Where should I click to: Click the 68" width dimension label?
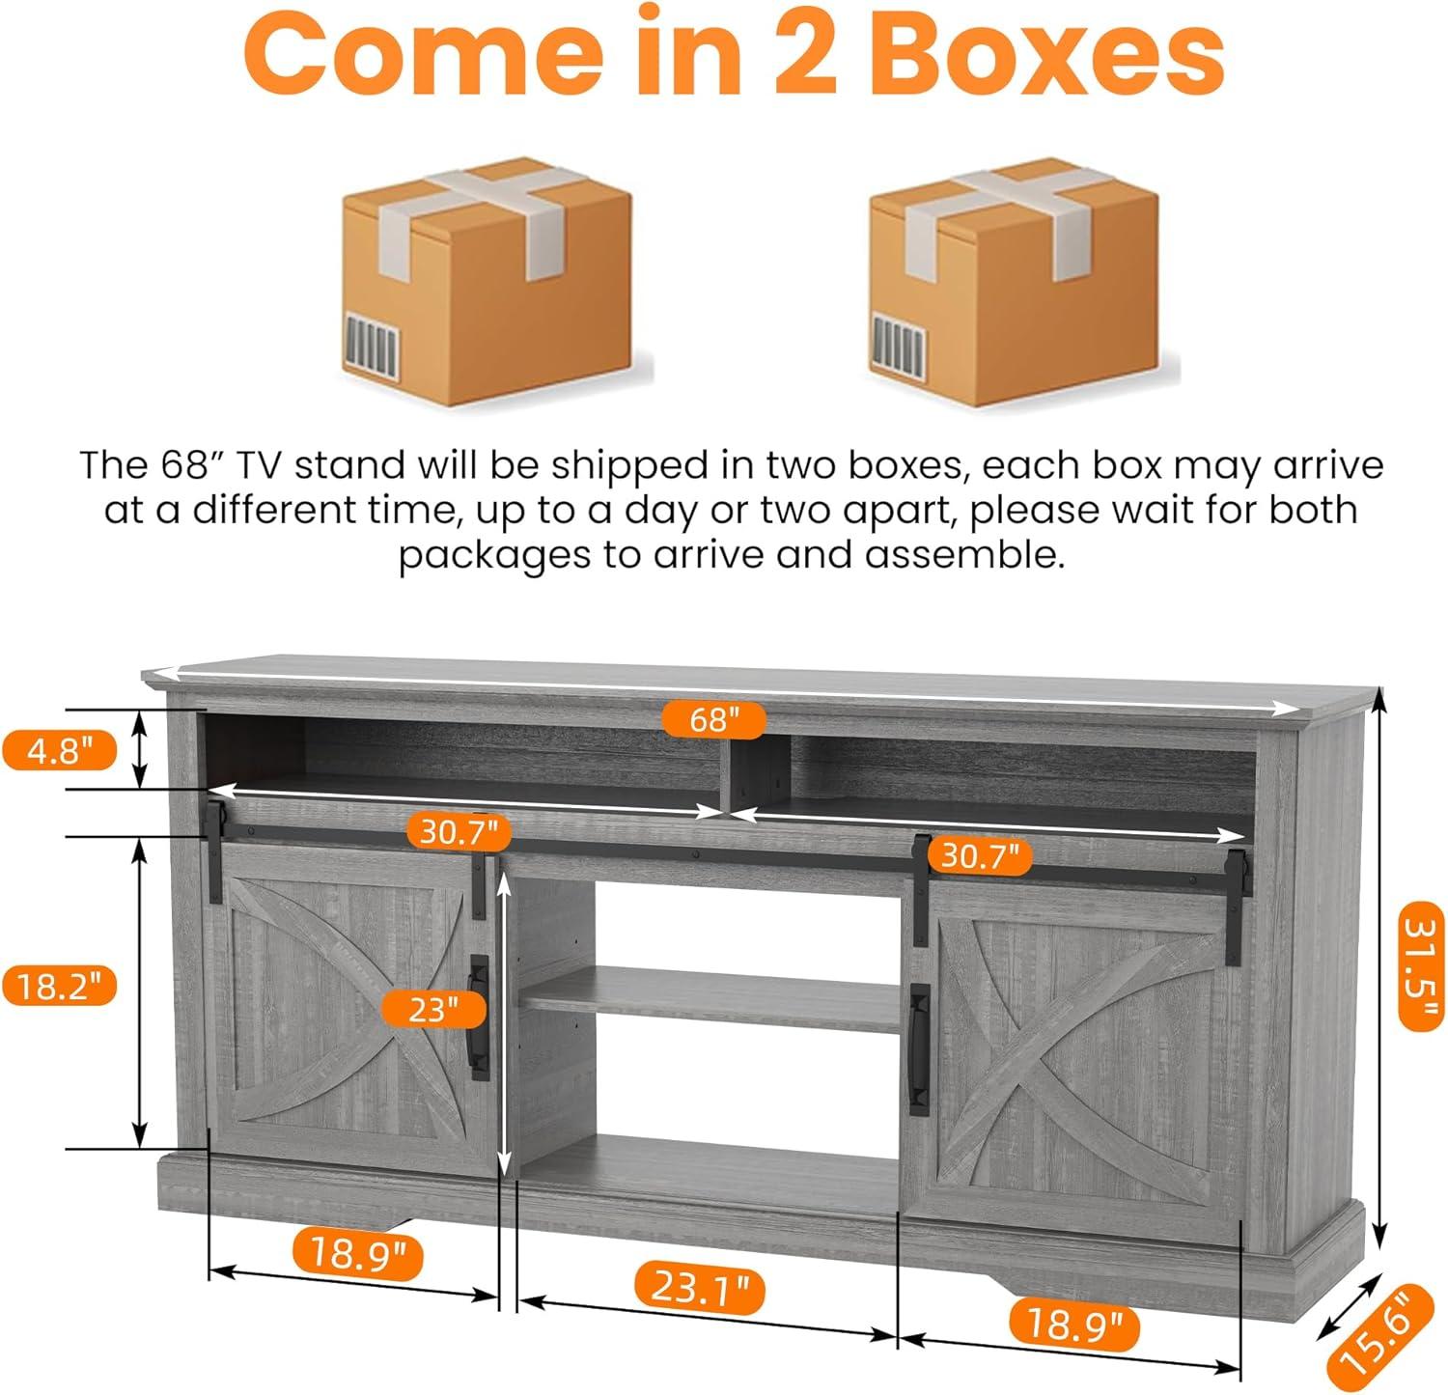pos(714,719)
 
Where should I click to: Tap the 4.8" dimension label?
pos(59,750)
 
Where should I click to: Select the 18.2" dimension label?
pos(59,987)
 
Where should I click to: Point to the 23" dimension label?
pos(432,1010)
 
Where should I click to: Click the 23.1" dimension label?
pos(701,1288)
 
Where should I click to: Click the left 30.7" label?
pos(459,831)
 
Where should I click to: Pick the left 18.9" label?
pos(356,1254)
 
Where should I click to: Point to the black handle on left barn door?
pos(478,1018)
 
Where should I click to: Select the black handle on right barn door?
pos(919,1049)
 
